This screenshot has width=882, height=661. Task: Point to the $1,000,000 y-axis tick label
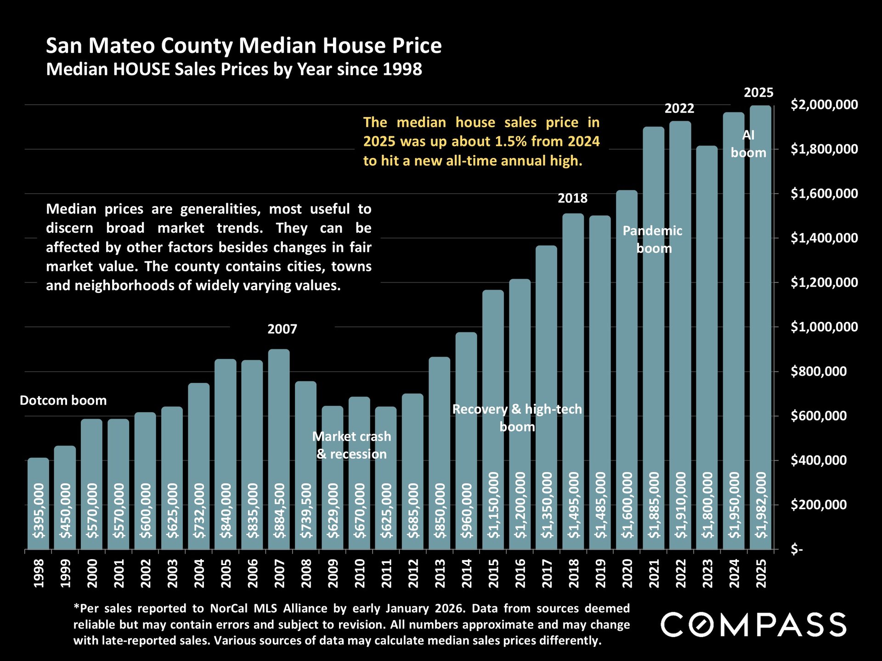pos(824,327)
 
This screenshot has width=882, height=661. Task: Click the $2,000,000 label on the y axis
pos(824,105)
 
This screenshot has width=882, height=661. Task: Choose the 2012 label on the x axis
pos(413,573)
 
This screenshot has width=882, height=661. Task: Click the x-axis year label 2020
pos(628,573)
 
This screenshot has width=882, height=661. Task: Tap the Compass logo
pos(753,625)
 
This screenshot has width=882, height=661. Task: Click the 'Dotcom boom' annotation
pos(63,401)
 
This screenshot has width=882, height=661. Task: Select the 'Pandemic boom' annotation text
pos(653,240)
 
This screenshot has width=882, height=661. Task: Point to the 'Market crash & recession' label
pos(352,445)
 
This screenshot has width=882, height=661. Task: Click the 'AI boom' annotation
pos(748,144)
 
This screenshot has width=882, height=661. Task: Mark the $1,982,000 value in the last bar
pos(761,505)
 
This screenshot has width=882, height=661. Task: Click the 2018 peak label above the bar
pos(572,198)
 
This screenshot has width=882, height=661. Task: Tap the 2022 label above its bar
pos(679,109)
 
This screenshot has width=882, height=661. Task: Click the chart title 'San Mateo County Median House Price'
pos(243,46)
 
